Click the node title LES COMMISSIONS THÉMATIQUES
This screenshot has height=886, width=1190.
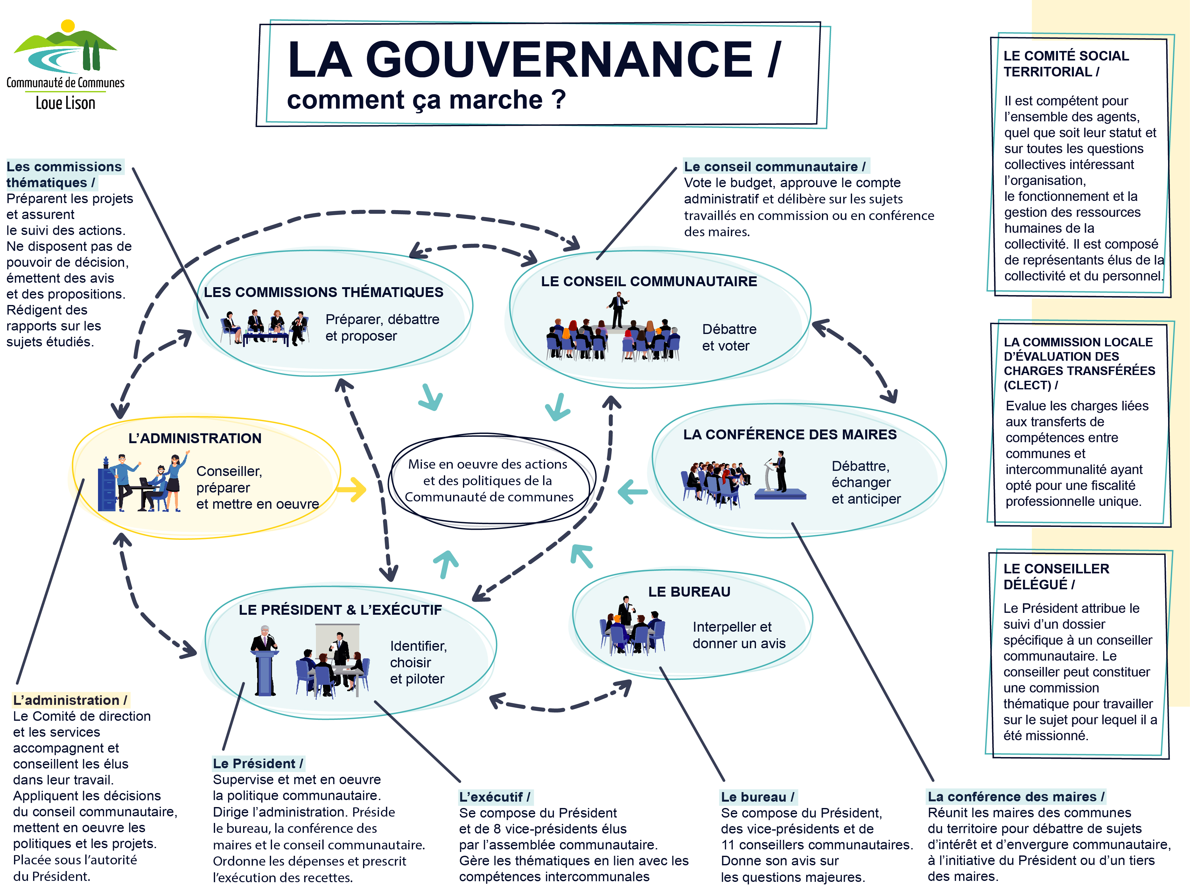(x=323, y=292)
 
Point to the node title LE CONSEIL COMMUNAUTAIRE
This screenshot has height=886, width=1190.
(x=648, y=281)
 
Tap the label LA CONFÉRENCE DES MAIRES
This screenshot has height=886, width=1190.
(x=790, y=435)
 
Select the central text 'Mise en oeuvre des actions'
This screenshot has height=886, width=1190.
(x=487, y=464)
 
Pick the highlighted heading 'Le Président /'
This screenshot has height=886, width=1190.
(x=258, y=763)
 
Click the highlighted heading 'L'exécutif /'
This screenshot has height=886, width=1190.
(x=494, y=797)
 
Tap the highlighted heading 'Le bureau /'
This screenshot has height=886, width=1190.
(x=757, y=797)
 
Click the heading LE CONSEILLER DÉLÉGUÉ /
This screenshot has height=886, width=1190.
(x=1056, y=577)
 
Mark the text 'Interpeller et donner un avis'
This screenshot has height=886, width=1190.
(x=738, y=635)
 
